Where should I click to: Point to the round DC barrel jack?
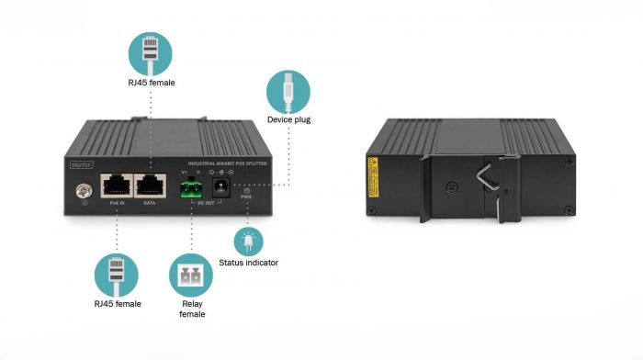click(x=221, y=186)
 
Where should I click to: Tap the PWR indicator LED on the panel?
click(x=245, y=188)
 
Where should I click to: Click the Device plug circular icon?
click(x=288, y=91)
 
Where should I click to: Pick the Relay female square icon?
click(x=191, y=275)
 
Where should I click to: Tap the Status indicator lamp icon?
click(x=247, y=241)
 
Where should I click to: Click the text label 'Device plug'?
click(x=288, y=120)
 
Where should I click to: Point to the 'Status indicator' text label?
click(x=248, y=263)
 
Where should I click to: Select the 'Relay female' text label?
click(x=191, y=309)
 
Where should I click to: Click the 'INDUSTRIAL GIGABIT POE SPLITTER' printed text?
click(x=214, y=162)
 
